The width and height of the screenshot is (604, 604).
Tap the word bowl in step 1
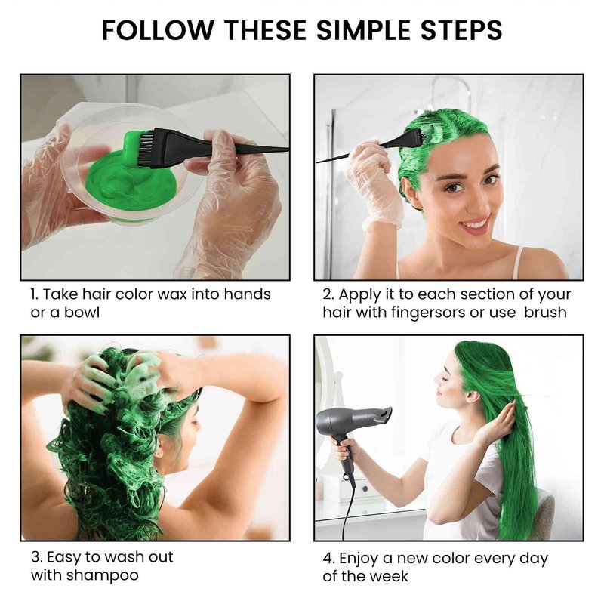tap(82, 312)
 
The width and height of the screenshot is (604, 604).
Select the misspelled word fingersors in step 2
tap(428, 313)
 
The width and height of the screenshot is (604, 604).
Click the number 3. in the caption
tap(36, 557)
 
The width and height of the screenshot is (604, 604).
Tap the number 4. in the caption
tap(329, 559)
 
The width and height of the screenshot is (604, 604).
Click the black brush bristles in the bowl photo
tap(145, 148)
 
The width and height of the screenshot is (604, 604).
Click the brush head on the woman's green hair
tap(409, 140)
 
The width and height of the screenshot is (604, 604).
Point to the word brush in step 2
tap(545, 312)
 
